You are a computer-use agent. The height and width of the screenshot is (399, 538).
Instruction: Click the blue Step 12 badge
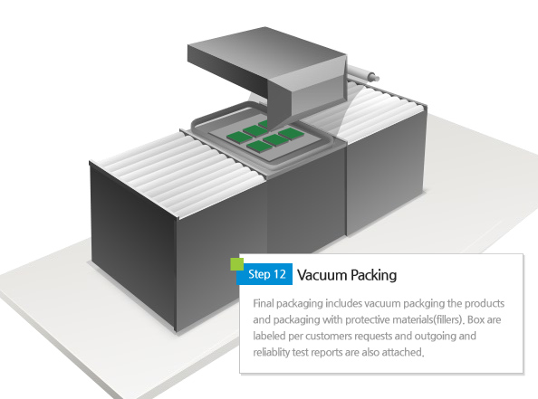264,274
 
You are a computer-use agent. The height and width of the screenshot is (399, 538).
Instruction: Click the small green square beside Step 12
236,264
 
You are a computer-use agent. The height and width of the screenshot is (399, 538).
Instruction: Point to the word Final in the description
264,303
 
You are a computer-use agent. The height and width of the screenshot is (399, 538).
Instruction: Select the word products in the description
485,304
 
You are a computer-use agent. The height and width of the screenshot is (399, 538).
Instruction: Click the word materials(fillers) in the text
428,320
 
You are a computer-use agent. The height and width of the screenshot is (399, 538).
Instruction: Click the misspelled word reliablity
271,352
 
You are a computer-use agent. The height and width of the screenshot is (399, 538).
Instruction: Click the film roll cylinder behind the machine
363,73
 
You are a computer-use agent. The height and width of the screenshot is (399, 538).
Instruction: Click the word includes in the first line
344,303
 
